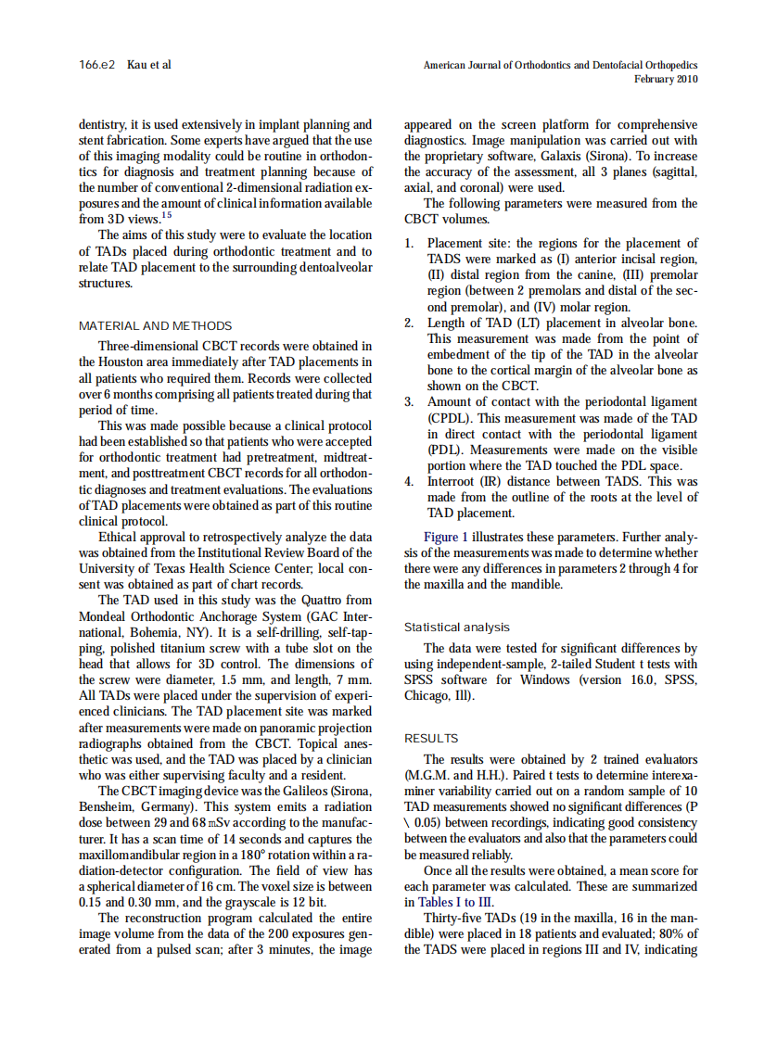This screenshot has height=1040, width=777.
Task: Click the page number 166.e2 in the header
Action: click(x=96, y=65)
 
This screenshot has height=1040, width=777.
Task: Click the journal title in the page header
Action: click(x=560, y=66)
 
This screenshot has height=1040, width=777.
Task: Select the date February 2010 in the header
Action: click(x=666, y=80)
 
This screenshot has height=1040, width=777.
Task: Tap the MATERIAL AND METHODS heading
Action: click(x=155, y=326)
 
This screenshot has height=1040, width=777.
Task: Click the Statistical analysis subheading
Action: click(x=456, y=628)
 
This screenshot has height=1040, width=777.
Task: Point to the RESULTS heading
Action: click(x=431, y=739)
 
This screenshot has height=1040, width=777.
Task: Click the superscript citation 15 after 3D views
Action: click(x=167, y=215)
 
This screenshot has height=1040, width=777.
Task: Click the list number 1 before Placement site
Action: click(x=409, y=244)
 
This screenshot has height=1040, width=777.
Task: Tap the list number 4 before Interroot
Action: click(x=409, y=482)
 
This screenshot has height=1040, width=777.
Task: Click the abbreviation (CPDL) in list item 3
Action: click(x=451, y=418)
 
